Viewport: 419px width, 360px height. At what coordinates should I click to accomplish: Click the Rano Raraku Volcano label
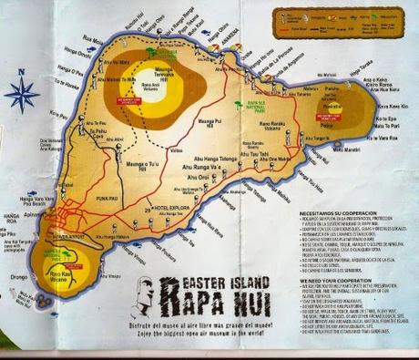tap(273, 130)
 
